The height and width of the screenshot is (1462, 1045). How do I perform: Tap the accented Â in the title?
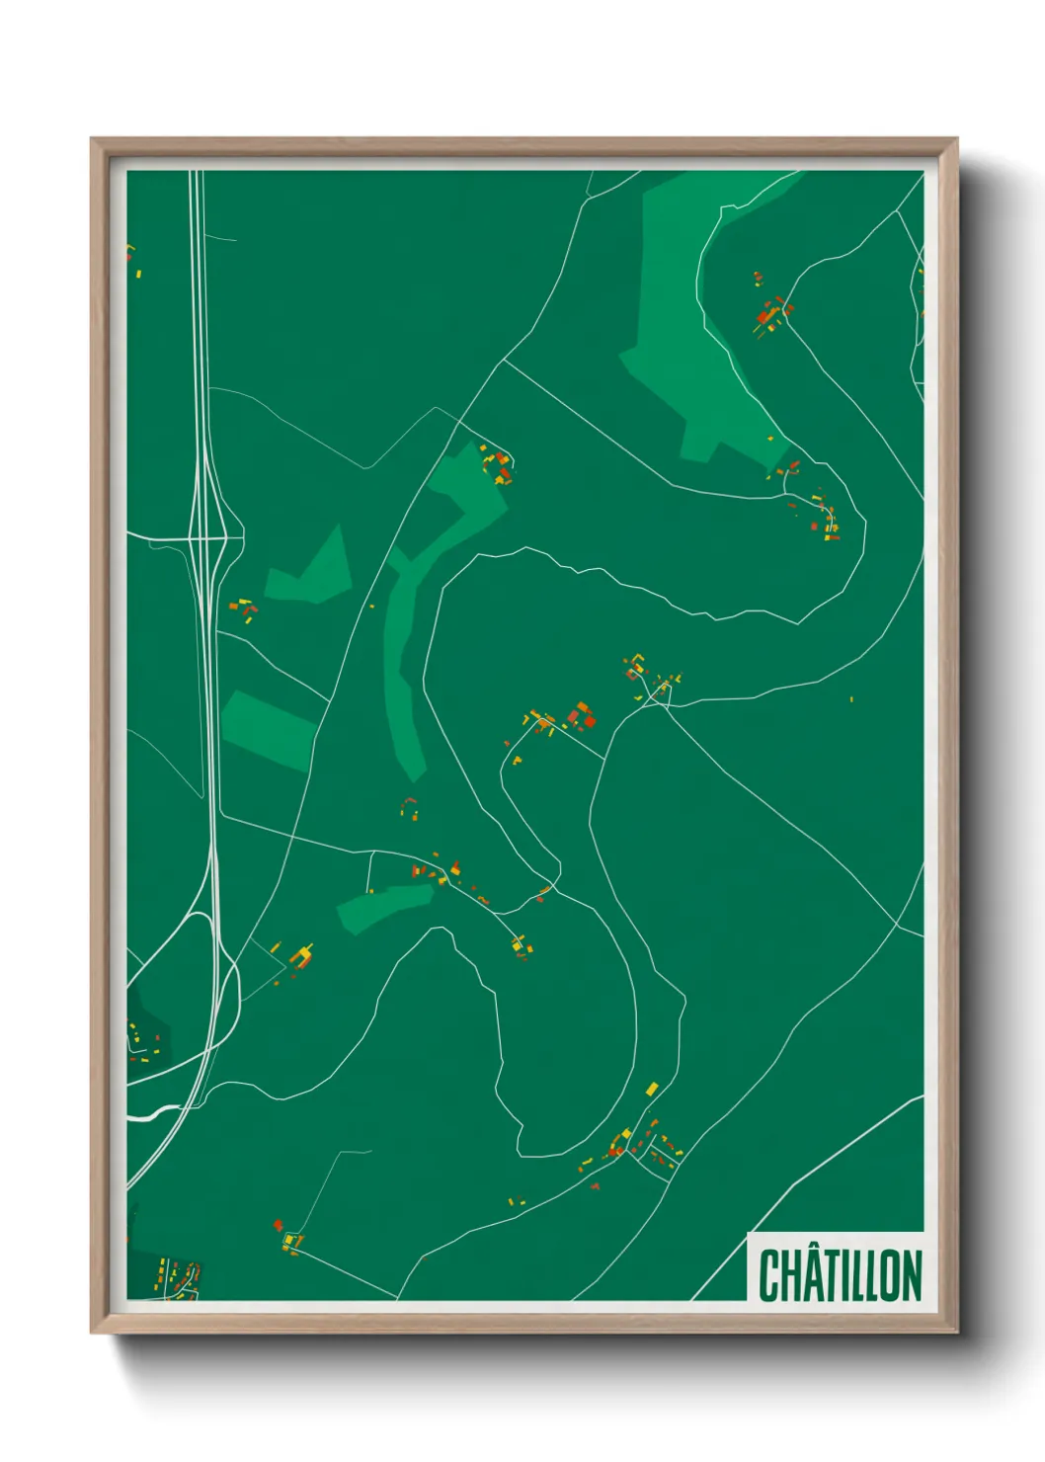pos(812,1275)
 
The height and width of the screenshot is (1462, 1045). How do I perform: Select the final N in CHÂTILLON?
pos(911,1275)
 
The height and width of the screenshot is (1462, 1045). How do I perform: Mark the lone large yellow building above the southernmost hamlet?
pos(651,1089)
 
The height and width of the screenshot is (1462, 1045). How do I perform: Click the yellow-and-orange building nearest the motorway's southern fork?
pos(301,955)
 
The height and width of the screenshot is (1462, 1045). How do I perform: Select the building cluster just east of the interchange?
pos(243,609)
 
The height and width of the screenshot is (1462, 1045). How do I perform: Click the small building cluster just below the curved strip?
pos(410,808)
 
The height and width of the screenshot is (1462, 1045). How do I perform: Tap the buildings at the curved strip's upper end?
pos(498,465)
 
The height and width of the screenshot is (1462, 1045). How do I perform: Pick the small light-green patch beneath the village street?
pos(385,905)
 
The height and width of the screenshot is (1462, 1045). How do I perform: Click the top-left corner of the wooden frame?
pos(93,140)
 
